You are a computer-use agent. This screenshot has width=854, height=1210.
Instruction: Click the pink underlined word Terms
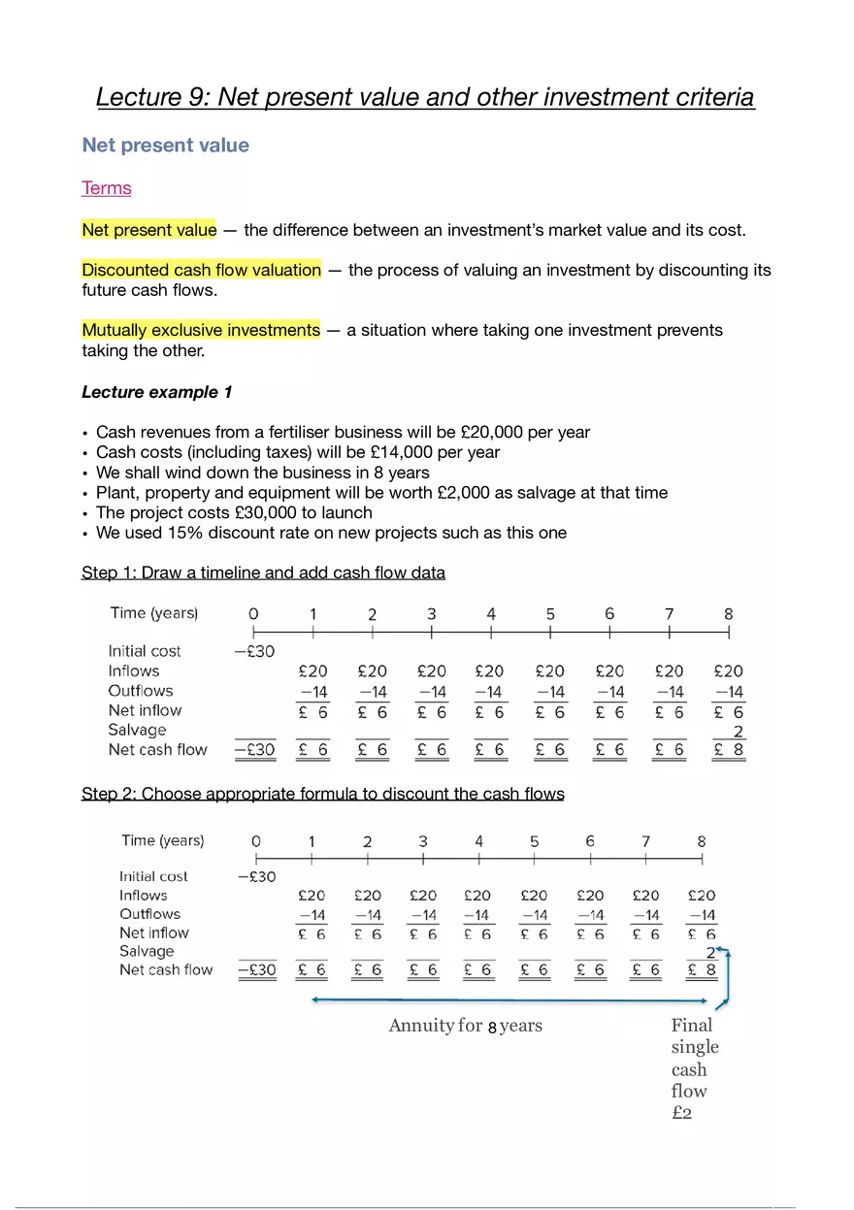[107, 188]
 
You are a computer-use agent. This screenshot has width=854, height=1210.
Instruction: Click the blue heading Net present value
[165, 146]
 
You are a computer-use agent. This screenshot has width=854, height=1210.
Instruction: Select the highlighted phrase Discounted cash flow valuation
[201, 270]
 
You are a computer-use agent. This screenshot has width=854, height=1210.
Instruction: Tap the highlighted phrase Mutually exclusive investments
[201, 330]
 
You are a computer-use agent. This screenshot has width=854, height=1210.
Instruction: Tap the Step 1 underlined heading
[263, 572]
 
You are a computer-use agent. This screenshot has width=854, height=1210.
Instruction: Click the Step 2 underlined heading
[322, 794]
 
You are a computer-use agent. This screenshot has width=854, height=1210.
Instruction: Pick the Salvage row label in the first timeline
[137, 730]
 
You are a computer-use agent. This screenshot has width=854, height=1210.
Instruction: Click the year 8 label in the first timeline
[729, 614]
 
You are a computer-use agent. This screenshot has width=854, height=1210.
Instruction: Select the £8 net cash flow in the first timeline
[729, 750]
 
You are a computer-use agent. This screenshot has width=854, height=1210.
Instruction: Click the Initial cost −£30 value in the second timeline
[256, 877]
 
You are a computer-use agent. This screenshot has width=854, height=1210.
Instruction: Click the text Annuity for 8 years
[465, 1026]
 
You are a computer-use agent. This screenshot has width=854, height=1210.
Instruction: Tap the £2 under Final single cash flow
[681, 1113]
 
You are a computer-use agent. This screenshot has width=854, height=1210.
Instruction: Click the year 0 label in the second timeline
[256, 841]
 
